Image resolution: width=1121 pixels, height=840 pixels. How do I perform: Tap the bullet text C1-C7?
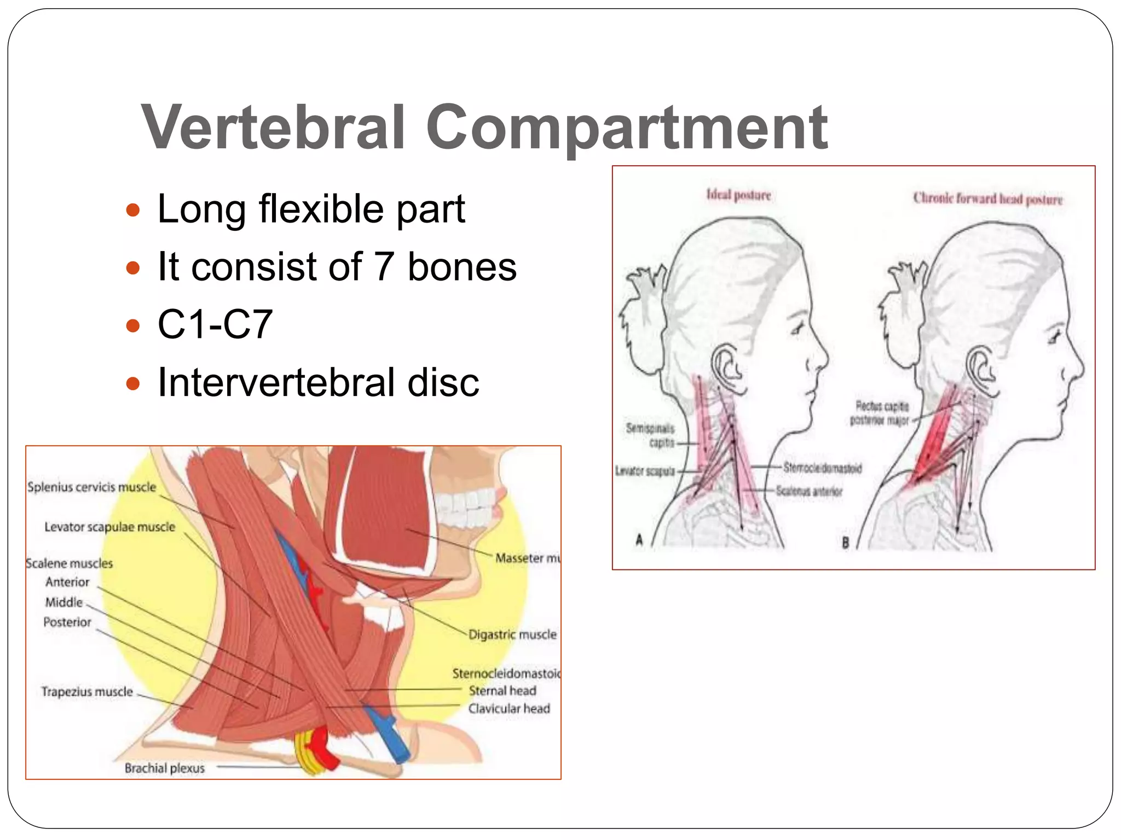tap(215, 324)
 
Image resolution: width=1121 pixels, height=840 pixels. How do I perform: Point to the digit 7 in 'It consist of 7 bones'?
tap(384, 267)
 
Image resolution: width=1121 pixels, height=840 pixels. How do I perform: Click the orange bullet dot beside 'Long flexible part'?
tap(133, 210)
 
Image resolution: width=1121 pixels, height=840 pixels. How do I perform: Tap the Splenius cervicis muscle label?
tap(92, 487)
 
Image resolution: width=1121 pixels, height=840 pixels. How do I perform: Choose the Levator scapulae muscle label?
tap(109, 527)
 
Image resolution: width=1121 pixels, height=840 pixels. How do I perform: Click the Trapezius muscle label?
tap(87, 692)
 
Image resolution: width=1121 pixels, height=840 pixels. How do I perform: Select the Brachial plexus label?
tap(164, 768)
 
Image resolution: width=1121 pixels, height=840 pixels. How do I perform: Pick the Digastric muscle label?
tap(512, 634)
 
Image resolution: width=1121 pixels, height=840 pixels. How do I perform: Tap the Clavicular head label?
tap(509, 709)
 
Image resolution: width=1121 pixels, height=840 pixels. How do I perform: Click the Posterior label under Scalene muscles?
tap(67, 622)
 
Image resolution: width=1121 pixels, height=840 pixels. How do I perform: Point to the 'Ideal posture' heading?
tap(738, 195)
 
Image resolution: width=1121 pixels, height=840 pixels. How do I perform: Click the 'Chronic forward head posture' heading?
tap(987, 199)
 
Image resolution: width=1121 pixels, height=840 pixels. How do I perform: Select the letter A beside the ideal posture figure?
tap(639, 540)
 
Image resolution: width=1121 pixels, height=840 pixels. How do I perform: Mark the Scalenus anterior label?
tap(809, 491)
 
